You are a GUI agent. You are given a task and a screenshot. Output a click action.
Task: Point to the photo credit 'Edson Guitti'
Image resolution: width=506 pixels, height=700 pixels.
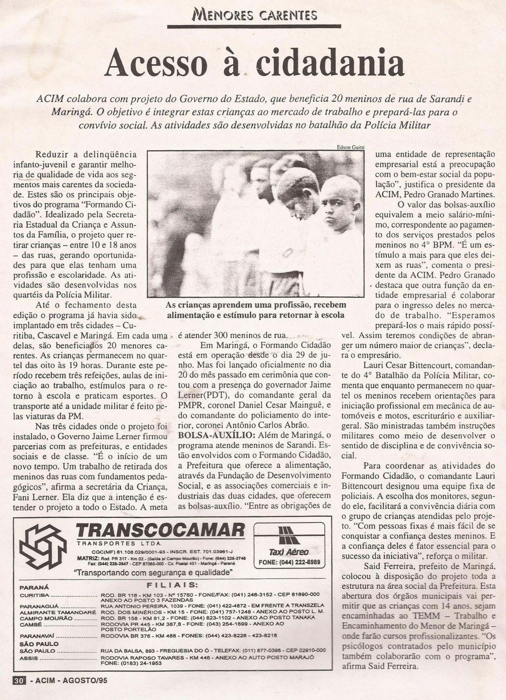[x=351, y=147]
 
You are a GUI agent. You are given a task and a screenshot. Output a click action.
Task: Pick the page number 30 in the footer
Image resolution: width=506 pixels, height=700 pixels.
[x=19, y=680]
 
